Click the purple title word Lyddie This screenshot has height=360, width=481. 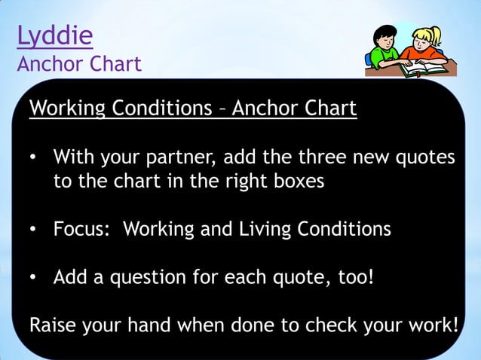pos(55,36)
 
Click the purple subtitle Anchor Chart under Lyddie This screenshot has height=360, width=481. pos(79,64)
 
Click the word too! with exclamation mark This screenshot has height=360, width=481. pos(352,277)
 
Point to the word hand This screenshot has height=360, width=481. pos(163,326)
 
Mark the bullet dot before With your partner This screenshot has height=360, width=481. pos(33,159)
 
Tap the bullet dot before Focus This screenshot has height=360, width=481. pos(33,230)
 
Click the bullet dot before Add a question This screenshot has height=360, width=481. pos(33,278)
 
